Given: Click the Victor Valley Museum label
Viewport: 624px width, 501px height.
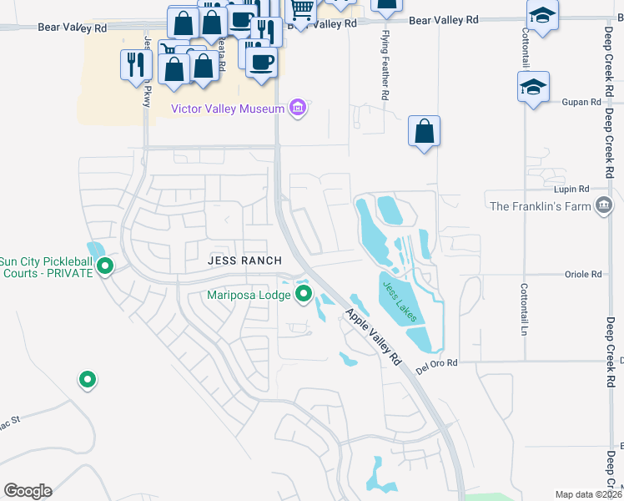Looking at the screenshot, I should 227,108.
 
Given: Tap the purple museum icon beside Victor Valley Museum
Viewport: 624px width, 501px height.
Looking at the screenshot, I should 297,108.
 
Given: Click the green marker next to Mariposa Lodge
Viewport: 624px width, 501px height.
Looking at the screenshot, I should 304,294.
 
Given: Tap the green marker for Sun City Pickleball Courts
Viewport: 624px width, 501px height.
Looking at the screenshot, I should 105,266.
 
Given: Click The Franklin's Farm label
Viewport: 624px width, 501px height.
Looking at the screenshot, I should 540,205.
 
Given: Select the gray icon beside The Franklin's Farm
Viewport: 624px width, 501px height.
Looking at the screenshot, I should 604,205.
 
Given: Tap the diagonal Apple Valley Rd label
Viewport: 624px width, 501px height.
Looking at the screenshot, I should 374,337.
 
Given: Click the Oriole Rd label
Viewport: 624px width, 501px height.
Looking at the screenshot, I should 583,274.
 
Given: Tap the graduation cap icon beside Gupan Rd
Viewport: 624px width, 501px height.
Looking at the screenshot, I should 533,87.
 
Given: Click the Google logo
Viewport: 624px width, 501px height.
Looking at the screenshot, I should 28,491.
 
